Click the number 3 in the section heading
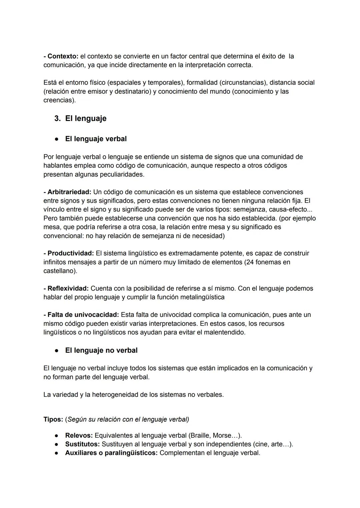(x=57, y=119)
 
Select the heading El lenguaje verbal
(x=96, y=139)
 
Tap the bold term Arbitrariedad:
(x=69, y=192)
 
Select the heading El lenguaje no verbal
(x=101, y=350)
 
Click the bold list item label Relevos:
(x=79, y=436)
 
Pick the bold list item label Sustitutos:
(x=82, y=444)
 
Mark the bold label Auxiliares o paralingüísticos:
(x=111, y=453)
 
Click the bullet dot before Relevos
(x=57, y=436)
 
